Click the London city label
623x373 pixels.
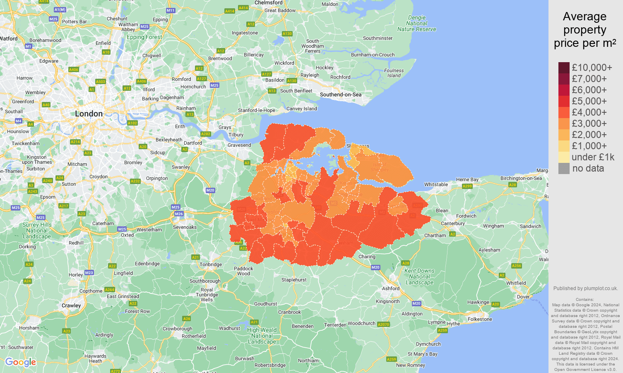(89, 114)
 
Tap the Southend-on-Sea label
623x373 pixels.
(340, 94)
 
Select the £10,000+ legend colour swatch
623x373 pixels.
(564, 68)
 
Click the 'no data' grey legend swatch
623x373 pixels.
(564, 168)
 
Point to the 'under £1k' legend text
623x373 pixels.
(593, 157)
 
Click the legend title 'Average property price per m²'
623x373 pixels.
(585, 30)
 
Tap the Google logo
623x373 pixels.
(21, 362)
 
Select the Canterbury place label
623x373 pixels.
(452, 223)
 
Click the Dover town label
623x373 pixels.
(523, 297)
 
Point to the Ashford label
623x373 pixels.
(390, 288)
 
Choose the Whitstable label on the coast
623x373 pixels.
(436, 184)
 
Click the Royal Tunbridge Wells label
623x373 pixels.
(207, 295)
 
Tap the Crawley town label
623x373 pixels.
(71, 305)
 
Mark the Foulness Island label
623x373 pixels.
(394, 73)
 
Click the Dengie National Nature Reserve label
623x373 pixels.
(416, 24)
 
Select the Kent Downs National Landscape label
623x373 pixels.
(419, 276)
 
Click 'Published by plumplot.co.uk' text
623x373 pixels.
(585, 288)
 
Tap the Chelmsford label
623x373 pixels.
(268, 3)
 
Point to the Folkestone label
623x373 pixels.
(480, 319)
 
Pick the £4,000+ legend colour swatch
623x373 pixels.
(564, 112)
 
